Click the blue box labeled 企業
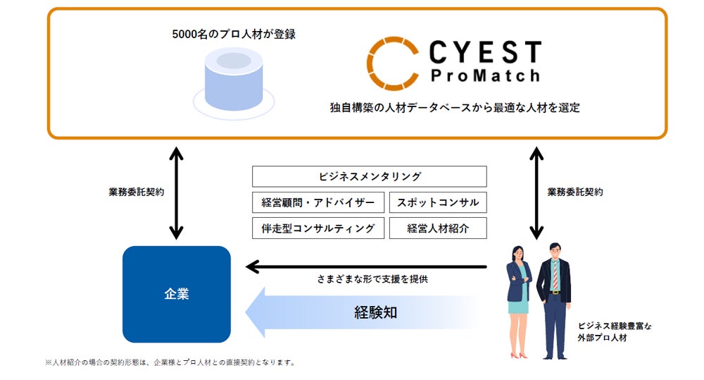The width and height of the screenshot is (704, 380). pyautogui.click(x=177, y=294)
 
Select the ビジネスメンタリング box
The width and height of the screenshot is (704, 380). pyautogui.click(x=369, y=176)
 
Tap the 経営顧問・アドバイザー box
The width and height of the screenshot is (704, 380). pyautogui.click(x=318, y=202)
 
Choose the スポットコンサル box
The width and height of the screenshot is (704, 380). pyautogui.click(x=437, y=202)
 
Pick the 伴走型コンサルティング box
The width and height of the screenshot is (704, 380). pyautogui.click(x=318, y=228)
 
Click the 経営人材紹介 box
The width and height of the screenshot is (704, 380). pyautogui.click(x=437, y=228)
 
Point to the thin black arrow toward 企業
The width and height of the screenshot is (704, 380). pyautogui.click(x=366, y=266)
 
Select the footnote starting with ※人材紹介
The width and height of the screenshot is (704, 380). pyautogui.click(x=170, y=363)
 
